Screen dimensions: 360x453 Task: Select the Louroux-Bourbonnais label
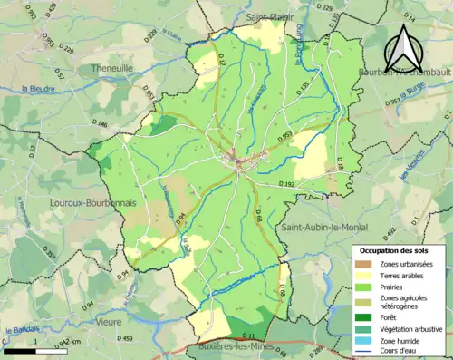click(93, 203)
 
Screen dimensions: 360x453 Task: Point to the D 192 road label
click(288, 184)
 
